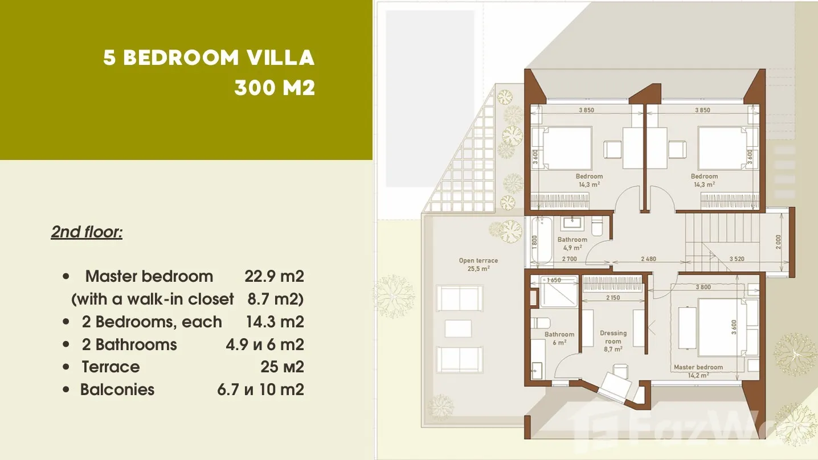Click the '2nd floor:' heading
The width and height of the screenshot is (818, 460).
[x=87, y=232]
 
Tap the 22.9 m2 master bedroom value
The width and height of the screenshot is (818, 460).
[x=274, y=276]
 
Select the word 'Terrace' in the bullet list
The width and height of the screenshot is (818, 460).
[x=111, y=367]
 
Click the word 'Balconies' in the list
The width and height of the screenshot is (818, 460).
[x=117, y=389]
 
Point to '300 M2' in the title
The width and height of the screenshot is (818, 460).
[x=275, y=88]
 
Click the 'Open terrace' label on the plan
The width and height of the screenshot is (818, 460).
[x=478, y=260]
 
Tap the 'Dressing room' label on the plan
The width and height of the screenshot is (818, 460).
[x=613, y=337]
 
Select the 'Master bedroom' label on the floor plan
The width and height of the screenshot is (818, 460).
[x=698, y=367]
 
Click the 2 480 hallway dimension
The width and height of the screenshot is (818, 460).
[x=649, y=259]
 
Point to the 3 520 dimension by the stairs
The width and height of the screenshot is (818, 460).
[x=737, y=259]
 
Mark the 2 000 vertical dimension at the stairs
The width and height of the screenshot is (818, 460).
[x=778, y=242]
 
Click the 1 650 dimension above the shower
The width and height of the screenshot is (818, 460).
[x=554, y=280]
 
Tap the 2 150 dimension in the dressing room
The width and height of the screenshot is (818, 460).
[x=613, y=298]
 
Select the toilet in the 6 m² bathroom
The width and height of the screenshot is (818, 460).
[x=541, y=323]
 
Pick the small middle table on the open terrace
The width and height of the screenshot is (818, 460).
[x=459, y=328]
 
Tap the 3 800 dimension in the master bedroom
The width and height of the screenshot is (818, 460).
[x=703, y=287]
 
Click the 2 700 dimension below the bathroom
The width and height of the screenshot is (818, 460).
[x=569, y=259]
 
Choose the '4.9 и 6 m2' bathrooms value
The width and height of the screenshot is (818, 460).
[x=265, y=344]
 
